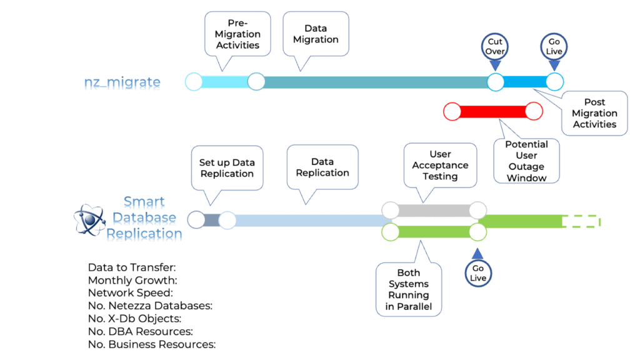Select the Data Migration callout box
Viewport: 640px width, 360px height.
(316, 34)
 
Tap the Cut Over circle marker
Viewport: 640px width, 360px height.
(495, 46)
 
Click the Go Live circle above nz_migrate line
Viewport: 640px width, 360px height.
(554, 46)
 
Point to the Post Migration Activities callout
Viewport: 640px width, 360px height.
(594, 113)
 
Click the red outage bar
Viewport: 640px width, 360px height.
(492, 112)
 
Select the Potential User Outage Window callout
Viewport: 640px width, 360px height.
(527, 161)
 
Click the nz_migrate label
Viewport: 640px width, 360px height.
(122, 82)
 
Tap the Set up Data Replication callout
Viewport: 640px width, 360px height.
(227, 167)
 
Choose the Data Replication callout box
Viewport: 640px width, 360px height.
(322, 167)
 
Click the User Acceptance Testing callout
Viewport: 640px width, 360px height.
(440, 165)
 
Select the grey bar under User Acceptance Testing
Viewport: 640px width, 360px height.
(434, 210)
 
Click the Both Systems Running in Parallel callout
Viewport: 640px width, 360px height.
(409, 289)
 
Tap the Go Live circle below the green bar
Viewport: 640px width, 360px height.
(478, 273)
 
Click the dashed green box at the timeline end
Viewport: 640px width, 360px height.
(581, 221)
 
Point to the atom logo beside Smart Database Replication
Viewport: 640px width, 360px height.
(90, 220)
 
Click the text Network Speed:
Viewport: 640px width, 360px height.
(130, 292)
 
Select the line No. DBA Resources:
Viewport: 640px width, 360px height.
(140, 331)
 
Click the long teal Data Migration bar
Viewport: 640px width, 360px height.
(375, 82)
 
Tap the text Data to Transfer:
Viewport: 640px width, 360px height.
(132, 267)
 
